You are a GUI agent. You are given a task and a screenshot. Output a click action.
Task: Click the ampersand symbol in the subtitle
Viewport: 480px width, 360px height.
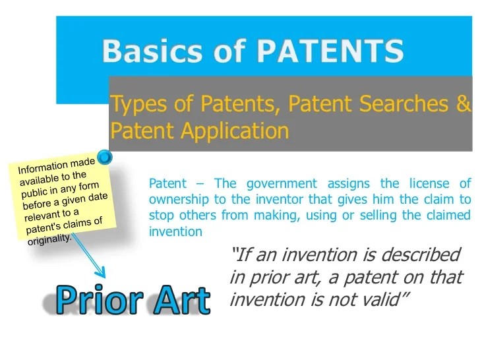[465, 104]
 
